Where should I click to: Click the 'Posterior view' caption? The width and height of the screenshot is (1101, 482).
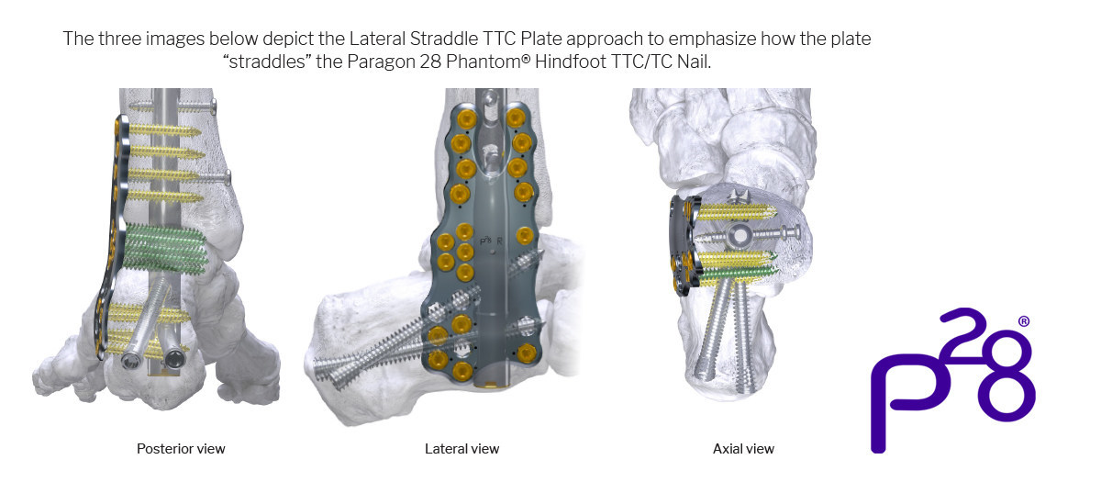(x=181, y=449)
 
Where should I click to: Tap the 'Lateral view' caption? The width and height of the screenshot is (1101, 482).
(x=462, y=449)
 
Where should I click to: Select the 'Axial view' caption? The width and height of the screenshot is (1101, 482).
(x=743, y=449)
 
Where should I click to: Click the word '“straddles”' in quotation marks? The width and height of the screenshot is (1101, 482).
(x=267, y=62)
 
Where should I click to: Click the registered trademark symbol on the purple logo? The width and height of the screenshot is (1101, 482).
(x=1023, y=321)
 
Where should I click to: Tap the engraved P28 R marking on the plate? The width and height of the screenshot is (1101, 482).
(x=491, y=241)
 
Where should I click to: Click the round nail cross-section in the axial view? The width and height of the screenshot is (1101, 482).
(x=739, y=235)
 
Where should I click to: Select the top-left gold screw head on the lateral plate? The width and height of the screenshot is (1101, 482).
(x=466, y=119)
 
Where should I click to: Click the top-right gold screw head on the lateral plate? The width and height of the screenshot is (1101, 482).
(x=516, y=118)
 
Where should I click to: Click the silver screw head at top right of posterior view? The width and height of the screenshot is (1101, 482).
(x=213, y=106)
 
